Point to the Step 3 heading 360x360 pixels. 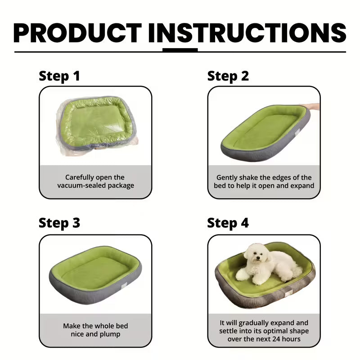(x=59, y=223)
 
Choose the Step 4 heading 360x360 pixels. (x=228, y=223)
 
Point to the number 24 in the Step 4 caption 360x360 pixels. (x=277, y=339)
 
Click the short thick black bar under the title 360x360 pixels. (x=180, y=50)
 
